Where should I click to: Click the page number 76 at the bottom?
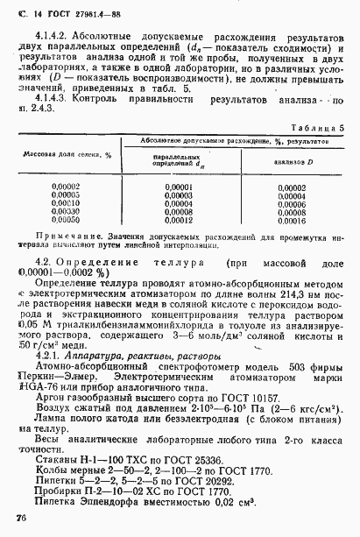21,520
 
